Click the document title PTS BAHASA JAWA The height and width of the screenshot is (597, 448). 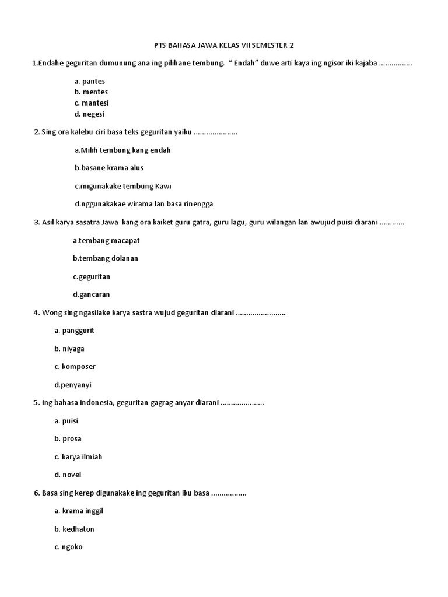point(223,45)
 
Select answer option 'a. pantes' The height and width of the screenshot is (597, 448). point(90,81)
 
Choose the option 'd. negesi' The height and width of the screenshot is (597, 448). point(89,114)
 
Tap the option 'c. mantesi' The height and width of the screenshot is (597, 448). point(92,103)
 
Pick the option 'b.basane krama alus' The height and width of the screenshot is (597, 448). point(109,168)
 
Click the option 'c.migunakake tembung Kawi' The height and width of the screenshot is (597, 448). point(123,186)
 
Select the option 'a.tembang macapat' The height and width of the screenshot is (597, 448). point(107,240)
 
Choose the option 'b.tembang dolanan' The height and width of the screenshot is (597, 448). point(106,258)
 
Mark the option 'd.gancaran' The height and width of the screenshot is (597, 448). point(92,294)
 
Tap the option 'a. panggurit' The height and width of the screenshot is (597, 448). point(74,331)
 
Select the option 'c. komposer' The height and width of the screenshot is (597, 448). point(75,367)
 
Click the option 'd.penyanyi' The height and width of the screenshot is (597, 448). point(73,385)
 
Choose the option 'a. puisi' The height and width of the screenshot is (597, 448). point(66,421)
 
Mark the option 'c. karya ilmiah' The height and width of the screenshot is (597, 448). point(78,457)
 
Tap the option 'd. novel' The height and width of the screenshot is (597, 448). point(68,475)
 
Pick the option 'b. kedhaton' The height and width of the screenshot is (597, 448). point(74,529)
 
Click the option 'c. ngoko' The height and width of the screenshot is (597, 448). point(68,547)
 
